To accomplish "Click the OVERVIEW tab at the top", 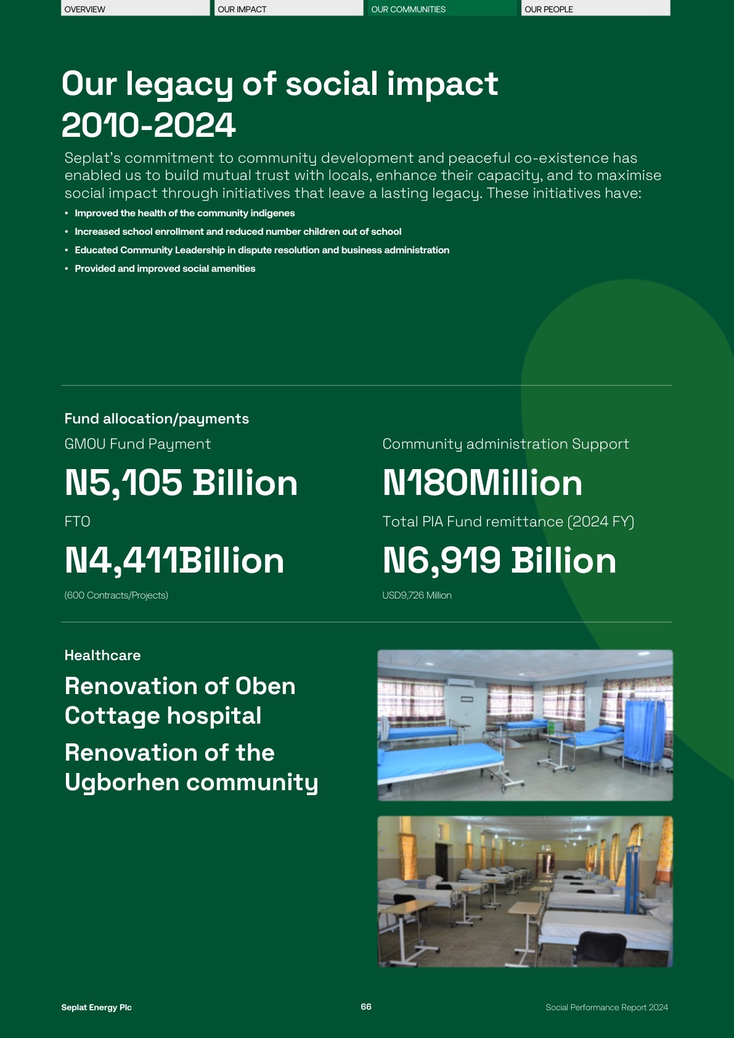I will (135, 9).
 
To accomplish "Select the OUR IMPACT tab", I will (288, 9).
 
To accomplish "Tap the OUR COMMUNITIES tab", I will (442, 9).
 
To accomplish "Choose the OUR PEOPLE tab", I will (595, 9).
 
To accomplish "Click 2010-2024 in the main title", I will (149, 125).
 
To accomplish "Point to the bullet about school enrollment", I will (238, 232).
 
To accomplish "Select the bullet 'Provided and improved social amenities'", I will (165, 269).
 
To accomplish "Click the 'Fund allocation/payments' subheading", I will (157, 419).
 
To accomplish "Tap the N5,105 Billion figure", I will (181, 483).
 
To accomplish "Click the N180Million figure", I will (482, 483).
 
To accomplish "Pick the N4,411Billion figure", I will (174, 560).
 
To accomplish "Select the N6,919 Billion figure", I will (499, 560).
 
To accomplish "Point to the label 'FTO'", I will (77, 522).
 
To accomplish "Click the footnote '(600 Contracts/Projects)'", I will (116, 595).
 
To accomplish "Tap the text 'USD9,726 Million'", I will (417, 595).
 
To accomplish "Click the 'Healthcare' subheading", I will (102, 655).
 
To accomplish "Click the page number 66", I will (366, 1007).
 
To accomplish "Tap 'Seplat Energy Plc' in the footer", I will (96, 1007).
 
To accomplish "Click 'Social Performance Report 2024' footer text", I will (606, 1007).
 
